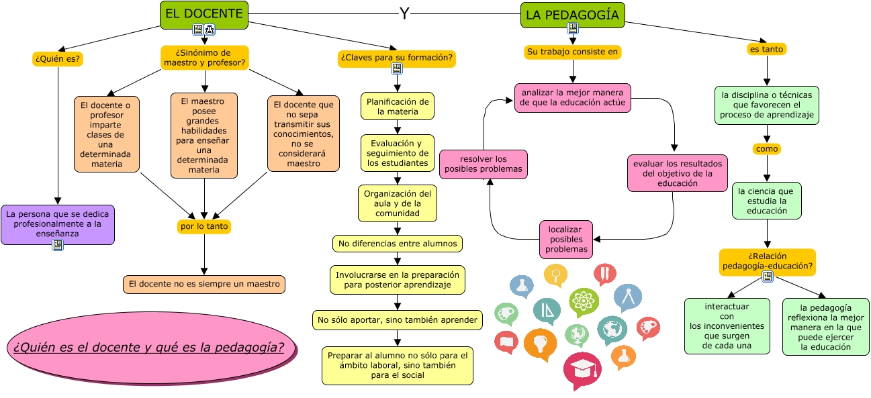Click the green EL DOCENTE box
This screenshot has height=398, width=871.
click(204, 15)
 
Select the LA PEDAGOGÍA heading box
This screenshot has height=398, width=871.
click(572, 15)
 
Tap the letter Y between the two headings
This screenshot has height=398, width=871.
click(404, 13)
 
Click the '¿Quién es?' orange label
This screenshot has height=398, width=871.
click(58, 58)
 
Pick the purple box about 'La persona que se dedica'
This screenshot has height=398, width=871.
click(58, 225)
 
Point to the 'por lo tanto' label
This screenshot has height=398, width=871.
click(204, 226)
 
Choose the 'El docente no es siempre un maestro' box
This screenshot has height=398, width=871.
click(204, 284)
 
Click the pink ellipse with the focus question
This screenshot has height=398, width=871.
click(152, 348)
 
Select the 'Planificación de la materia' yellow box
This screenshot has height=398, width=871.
click(398, 106)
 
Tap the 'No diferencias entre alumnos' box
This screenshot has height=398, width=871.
click(398, 244)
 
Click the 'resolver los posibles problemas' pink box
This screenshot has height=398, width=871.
click(484, 164)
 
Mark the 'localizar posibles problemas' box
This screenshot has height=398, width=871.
click(566, 240)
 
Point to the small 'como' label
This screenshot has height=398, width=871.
click(767, 149)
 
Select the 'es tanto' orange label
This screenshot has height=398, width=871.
click(766, 49)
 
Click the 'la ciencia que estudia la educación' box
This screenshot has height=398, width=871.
click(767, 201)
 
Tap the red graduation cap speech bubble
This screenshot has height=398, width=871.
click(582, 369)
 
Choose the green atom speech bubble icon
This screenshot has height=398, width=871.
click(584, 301)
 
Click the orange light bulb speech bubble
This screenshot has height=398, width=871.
click(540, 344)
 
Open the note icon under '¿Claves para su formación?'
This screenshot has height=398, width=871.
click(397, 69)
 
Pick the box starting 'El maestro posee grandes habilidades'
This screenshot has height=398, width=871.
click(204, 136)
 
